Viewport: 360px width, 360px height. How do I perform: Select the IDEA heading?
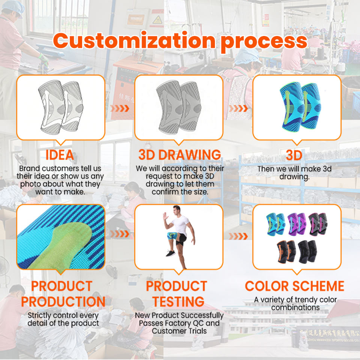coord(60,155)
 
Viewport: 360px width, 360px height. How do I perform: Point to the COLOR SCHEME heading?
coord(294,286)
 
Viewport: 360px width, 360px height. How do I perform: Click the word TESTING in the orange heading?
coord(176,301)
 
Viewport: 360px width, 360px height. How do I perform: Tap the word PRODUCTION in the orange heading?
coord(63,301)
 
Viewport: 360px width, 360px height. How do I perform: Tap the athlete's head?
coord(177,209)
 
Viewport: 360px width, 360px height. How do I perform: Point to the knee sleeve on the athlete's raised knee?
coord(174,237)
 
